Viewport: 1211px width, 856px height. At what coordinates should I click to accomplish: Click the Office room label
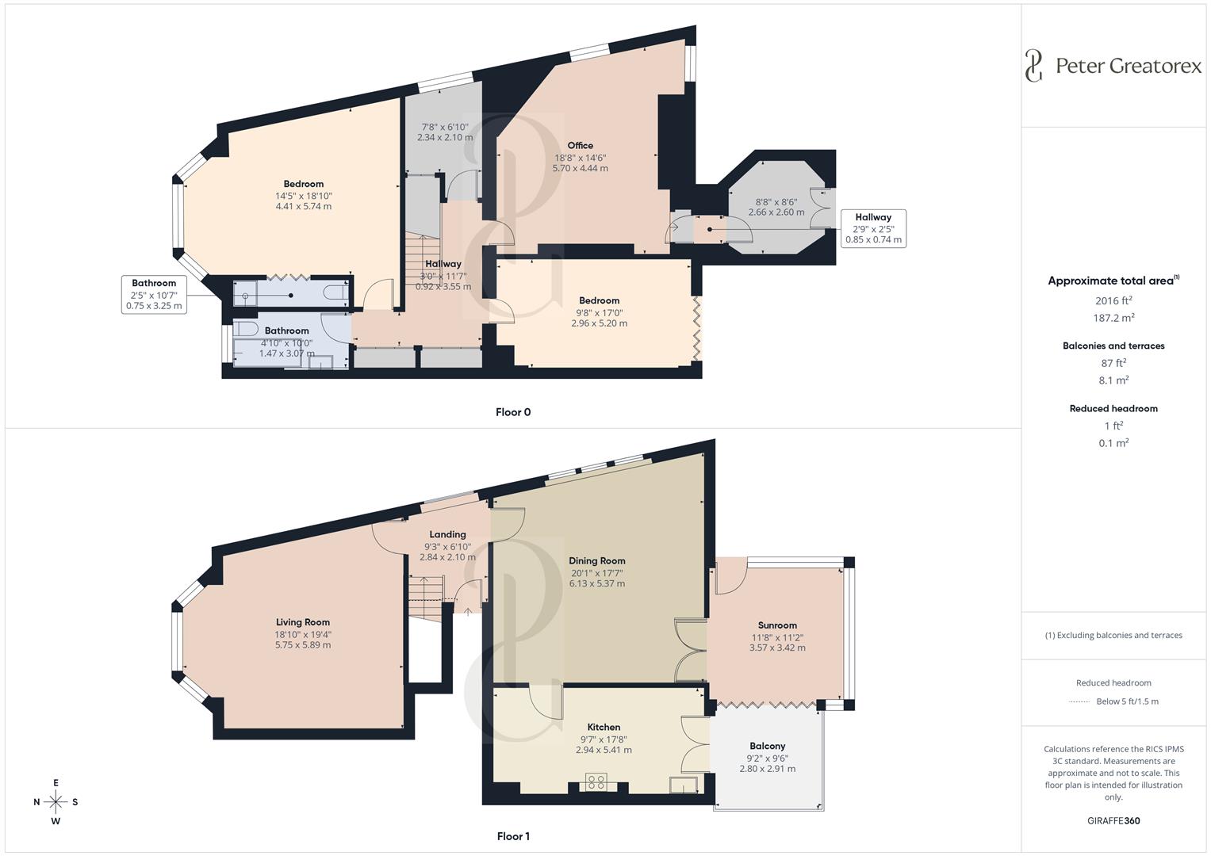point(580,145)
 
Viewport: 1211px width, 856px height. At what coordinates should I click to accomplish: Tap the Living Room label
point(302,622)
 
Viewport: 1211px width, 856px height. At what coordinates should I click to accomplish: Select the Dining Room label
point(596,560)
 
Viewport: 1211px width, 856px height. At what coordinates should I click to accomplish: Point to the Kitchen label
point(604,727)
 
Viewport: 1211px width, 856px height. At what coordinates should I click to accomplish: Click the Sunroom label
point(776,625)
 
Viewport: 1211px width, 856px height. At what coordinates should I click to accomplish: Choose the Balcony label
point(767,746)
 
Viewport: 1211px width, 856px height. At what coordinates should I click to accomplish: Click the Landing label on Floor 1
point(447,534)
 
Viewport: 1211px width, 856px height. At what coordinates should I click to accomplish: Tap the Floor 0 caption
point(512,412)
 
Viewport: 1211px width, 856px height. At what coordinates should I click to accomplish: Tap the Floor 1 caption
point(512,836)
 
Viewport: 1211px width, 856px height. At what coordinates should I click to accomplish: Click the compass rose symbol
point(56,801)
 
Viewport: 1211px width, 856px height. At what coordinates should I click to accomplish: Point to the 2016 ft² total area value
point(1113,300)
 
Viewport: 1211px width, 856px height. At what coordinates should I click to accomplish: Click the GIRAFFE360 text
point(1113,820)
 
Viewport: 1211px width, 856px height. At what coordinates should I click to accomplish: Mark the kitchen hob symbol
point(596,782)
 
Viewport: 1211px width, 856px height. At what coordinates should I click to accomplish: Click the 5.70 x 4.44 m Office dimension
point(580,168)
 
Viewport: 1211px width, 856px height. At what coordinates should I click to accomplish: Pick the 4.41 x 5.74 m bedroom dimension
point(303,206)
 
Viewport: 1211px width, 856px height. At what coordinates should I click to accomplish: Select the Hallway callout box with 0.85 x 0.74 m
point(872,228)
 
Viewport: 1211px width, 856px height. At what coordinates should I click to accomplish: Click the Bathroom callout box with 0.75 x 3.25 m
point(154,294)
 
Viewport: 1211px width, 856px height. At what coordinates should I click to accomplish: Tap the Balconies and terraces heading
point(1113,346)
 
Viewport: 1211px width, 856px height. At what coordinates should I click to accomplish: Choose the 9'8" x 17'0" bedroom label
point(599,312)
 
